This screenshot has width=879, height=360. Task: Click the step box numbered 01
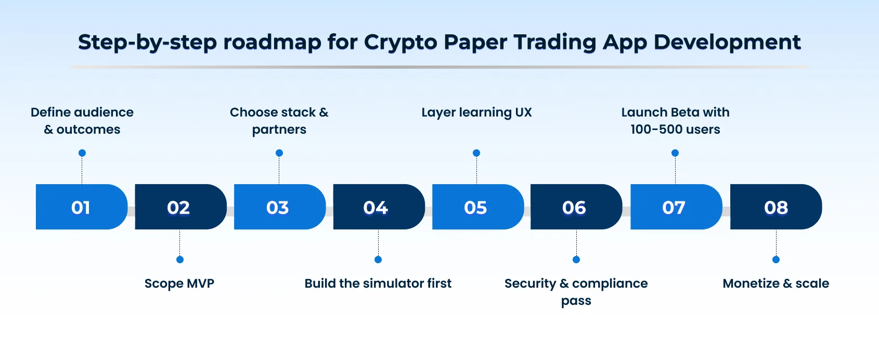[x=81, y=207]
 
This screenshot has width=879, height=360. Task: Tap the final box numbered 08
[x=775, y=207]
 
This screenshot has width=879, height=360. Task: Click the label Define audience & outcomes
[x=82, y=121]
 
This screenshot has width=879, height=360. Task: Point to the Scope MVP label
[x=179, y=284]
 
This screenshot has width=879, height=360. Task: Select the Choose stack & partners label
[x=279, y=121]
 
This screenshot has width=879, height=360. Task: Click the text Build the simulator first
[x=378, y=284]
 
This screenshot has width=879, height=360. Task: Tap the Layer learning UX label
[x=476, y=112]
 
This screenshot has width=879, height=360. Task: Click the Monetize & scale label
[x=775, y=284]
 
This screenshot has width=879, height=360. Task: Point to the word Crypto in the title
[x=400, y=43]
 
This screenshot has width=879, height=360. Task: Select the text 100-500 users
[x=675, y=130]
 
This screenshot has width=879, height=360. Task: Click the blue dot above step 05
[x=476, y=153]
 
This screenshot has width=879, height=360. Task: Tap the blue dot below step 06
[x=576, y=260]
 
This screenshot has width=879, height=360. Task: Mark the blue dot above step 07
[x=675, y=153]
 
